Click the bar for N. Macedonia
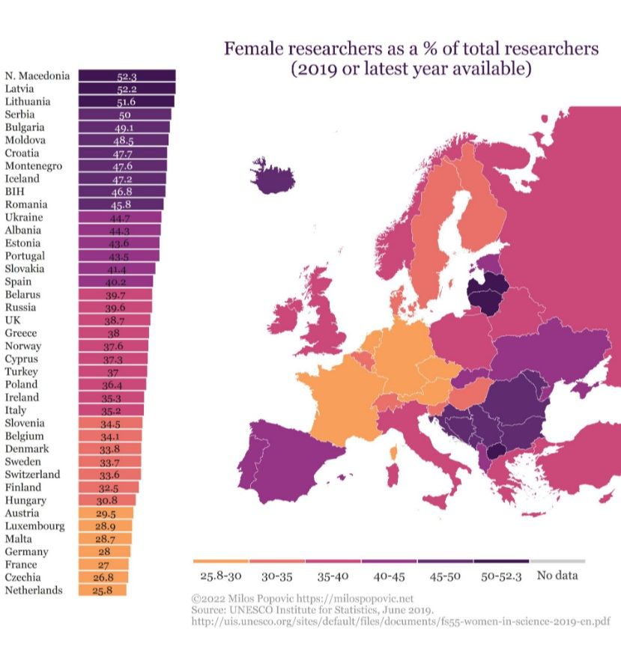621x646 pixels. (x=126, y=76)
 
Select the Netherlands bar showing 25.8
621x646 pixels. (x=103, y=591)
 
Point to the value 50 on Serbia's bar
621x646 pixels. (x=125, y=115)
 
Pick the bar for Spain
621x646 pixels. (x=115, y=281)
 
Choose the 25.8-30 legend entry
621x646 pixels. (x=220, y=576)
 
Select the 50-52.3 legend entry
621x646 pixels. (x=501, y=576)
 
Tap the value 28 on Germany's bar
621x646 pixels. (x=104, y=552)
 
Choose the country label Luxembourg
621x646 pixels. (x=34, y=526)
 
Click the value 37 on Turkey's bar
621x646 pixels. (x=113, y=372)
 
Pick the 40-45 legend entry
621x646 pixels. (x=389, y=576)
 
